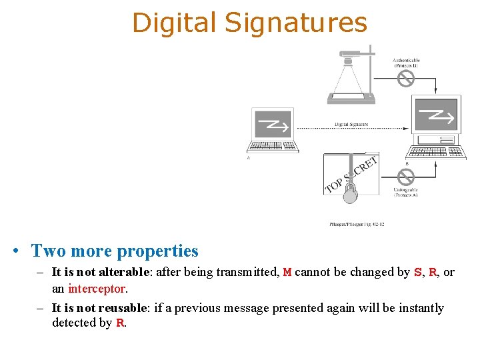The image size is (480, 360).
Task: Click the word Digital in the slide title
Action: coord(175,23)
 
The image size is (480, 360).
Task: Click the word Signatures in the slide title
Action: coord(296,23)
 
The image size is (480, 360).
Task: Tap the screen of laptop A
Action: coord(273,123)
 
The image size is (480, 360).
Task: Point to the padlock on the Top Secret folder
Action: coord(350,193)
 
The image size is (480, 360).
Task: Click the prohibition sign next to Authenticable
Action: coord(405,79)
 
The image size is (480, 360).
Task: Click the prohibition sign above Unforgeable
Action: coord(405,177)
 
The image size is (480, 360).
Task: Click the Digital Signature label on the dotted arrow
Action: coord(351,125)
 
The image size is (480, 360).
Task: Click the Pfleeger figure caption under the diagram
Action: coord(357,224)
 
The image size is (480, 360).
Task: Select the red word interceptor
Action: coord(97,289)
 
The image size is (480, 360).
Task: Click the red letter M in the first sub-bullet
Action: coord(287,273)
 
